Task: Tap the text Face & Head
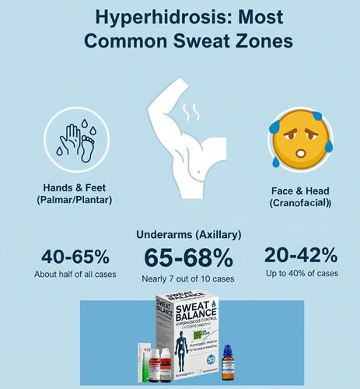pyautogui.click(x=298, y=189)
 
